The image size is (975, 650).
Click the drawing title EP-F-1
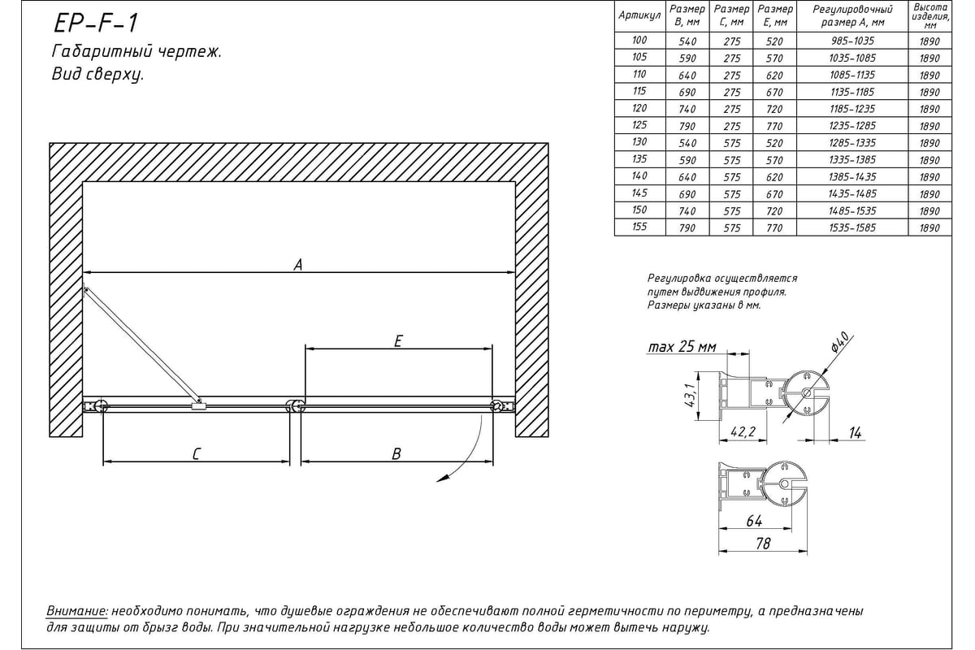point(94,24)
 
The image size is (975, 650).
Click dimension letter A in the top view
point(298,264)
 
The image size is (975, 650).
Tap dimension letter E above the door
point(397,342)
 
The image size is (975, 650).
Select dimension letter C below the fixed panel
point(196,455)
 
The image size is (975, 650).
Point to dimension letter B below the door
point(396,455)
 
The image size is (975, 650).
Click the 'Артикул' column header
point(639,16)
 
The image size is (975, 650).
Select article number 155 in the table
point(639,227)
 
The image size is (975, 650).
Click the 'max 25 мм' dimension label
point(682,348)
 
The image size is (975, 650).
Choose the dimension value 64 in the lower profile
point(753,521)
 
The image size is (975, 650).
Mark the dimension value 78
point(762,544)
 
